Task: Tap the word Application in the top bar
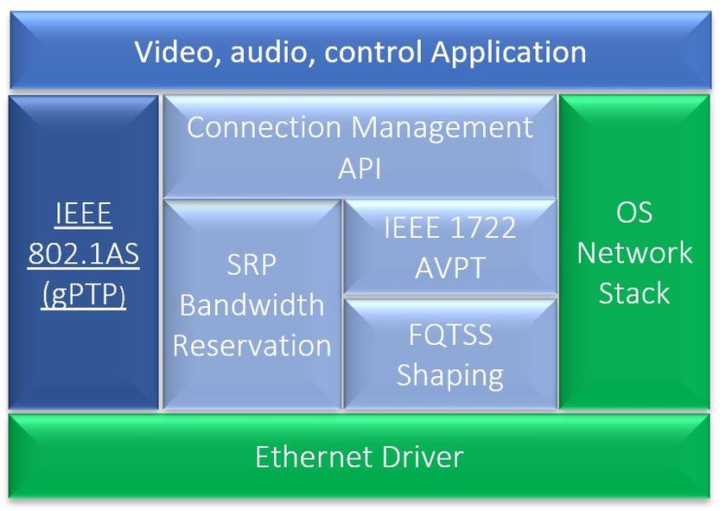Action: click(509, 52)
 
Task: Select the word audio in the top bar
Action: click(280, 52)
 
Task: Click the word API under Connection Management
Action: click(360, 168)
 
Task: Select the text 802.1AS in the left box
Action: click(84, 254)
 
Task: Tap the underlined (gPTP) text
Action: click(84, 294)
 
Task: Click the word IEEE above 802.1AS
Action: click(84, 214)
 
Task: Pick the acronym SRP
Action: click(252, 265)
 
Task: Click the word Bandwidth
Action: click(252, 305)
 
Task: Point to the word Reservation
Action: click(252, 346)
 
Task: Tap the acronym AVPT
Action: click(449, 267)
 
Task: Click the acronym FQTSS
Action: click(449, 335)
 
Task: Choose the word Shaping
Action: click(449, 375)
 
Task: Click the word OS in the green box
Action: click(634, 213)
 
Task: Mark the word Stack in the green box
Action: click(634, 293)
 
